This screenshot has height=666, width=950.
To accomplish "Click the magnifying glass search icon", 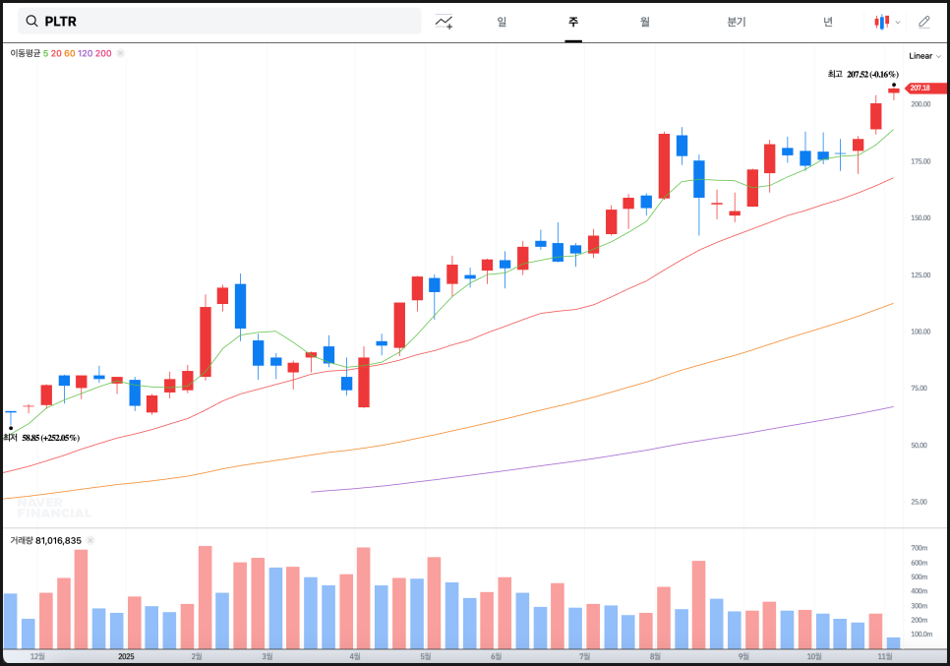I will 31,22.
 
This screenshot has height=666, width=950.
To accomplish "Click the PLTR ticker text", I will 61,22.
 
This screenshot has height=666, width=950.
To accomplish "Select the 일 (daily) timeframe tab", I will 502,22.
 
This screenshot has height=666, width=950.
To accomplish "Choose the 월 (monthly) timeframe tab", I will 644,22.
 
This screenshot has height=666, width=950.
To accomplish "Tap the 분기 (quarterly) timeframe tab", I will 736,22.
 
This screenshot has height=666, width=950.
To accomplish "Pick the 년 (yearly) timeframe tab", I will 828,22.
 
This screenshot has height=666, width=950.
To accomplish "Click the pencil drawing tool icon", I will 923,22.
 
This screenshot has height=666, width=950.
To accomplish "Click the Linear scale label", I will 920,56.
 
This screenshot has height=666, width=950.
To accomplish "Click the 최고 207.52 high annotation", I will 862,74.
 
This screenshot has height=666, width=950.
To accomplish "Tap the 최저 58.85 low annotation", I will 41,438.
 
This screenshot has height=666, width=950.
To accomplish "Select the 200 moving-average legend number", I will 103,53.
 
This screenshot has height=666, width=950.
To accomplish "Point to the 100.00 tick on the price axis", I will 920,332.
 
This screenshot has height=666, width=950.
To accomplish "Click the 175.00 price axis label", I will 920,161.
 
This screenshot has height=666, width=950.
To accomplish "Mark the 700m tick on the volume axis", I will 919,548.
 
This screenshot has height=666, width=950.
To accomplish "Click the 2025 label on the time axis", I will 126,656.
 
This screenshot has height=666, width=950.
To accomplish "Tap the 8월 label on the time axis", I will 654,656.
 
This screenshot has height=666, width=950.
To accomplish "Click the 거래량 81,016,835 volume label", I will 45,540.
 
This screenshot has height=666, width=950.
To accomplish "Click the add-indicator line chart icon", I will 444,22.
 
